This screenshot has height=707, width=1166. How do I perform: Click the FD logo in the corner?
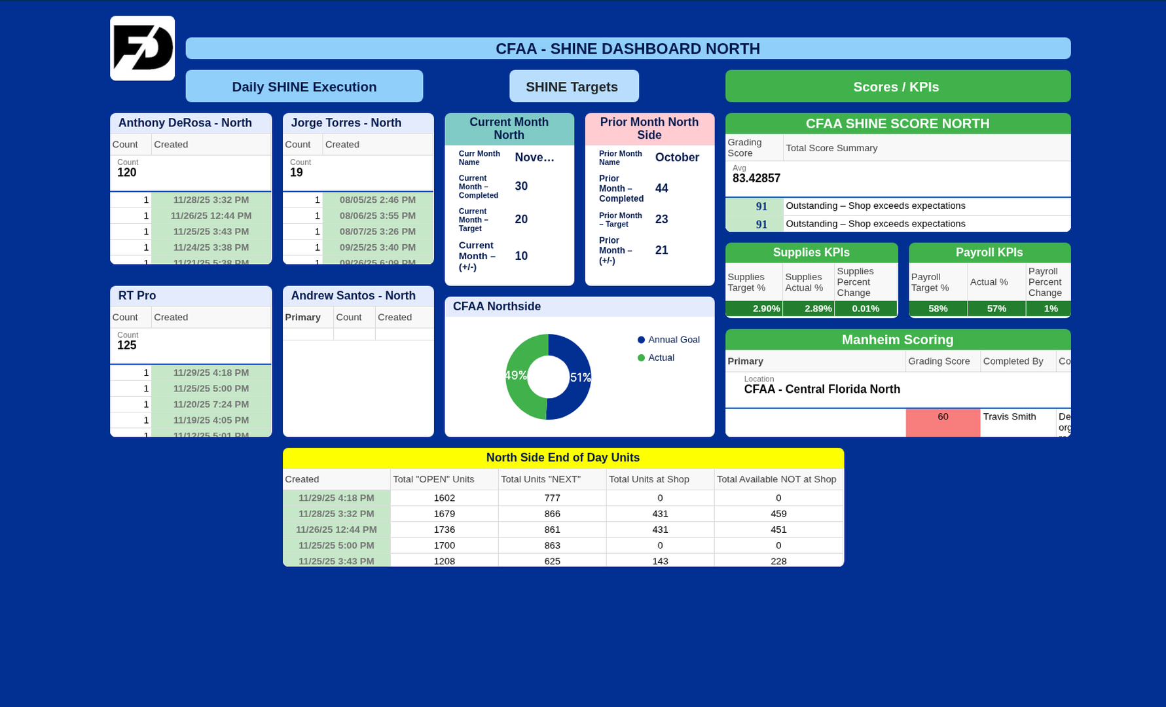coord(142,48)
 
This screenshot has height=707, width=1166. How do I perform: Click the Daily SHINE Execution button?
coord(304,86)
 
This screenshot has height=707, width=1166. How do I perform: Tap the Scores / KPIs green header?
coord(897,86)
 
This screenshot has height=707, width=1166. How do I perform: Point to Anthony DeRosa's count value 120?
coord(127,173)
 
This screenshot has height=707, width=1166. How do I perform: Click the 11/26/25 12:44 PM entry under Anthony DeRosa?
coord(211,215)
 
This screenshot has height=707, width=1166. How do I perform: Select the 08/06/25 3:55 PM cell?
coord(377,215)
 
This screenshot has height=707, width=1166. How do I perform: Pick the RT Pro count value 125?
coord(127,346)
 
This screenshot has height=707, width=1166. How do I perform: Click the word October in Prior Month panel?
coord(677,158)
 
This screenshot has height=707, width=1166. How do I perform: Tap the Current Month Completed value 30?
coord(521,187)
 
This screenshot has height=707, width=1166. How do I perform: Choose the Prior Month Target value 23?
coord(662,219)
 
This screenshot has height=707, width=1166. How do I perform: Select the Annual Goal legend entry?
coord(673,340)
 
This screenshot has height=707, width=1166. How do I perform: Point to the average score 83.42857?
coord(756,178)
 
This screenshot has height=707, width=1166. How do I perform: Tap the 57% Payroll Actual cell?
coord(996,309)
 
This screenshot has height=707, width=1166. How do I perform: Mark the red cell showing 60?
coord(943,422)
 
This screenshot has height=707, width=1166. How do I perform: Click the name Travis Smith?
coord(1010,417)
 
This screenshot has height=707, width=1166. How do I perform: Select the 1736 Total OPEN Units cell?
coord(444,530)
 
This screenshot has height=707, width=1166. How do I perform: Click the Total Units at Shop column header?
coord(649,479)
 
